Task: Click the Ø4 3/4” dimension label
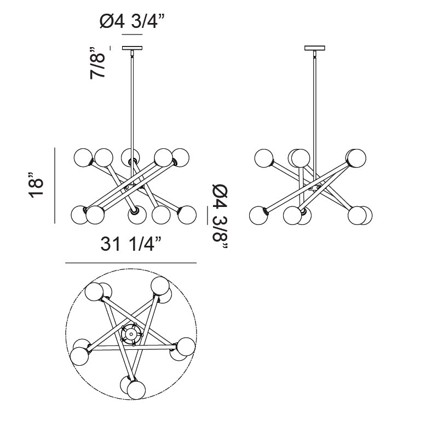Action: (x=132, y=21)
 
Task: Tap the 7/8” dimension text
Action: (x=99, y=61)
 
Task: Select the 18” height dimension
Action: (x=36, y=186)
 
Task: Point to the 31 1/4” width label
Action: (x=131, y=244)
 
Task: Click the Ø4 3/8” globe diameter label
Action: (x=220, y=216)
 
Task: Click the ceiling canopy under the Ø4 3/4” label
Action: (x=131, y=48)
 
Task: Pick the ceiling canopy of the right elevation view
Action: (x=314, y=48)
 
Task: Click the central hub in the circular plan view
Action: (x=130, y=333)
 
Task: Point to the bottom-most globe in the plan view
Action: (x=136, y=389)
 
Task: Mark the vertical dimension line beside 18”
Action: (x=55, y=186)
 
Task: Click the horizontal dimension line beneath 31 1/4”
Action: (x=131, y=263)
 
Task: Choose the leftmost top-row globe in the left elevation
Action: (x=83, y=157)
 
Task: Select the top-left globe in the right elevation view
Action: (x=264, y=158)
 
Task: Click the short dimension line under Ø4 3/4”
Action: (x=131, y=34)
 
